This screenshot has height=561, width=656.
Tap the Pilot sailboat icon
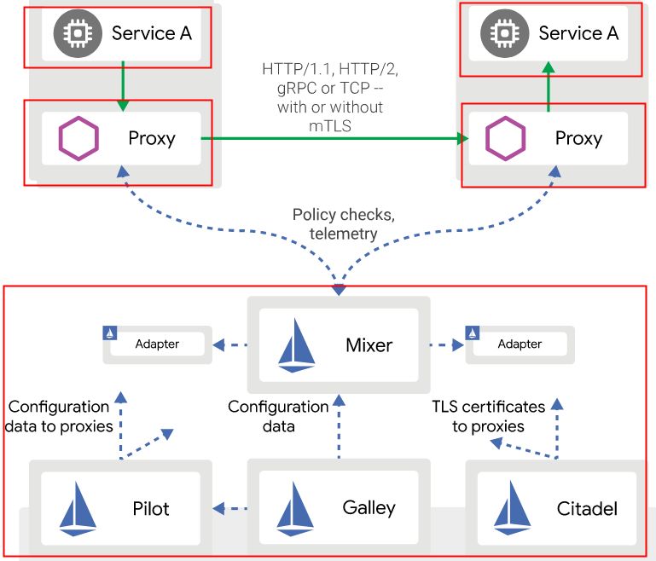click(x=78, y=509)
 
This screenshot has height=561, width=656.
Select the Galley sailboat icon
click(x=296, y=509)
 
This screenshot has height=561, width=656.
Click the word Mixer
click(x=369, y=345)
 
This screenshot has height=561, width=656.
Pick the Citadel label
click(x=587, y=509)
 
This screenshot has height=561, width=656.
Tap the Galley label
click(x=369, y=508)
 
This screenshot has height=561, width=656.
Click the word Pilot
click(x=151, y=509)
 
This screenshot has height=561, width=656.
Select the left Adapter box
click(x=156, y=344)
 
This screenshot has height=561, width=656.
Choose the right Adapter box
click(x=519, y=344)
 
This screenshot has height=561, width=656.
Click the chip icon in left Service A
click(x=73, y=33)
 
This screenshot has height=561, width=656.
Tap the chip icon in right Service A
click(x=500, y=33)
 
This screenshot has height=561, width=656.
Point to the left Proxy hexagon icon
click(x=77, y=138)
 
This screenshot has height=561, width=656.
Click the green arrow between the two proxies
click(x=333, y=138)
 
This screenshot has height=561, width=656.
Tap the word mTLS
click(x=330, y=126)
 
